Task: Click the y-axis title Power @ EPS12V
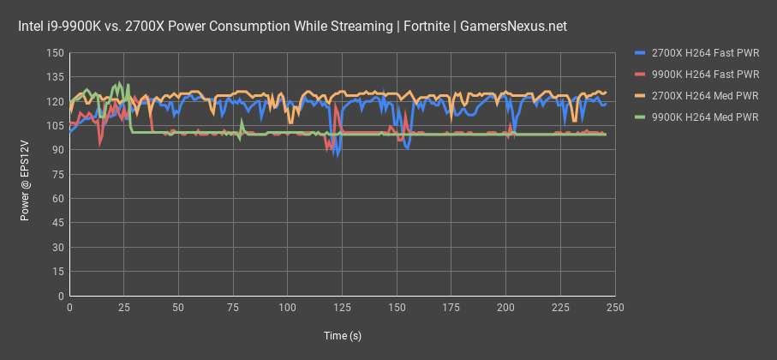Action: [26, 175]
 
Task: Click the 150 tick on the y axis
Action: [56, 53]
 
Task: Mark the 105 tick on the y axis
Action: [56, 126]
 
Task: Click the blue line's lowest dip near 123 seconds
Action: [338, 156]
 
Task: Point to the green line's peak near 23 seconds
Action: [119, 83]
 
